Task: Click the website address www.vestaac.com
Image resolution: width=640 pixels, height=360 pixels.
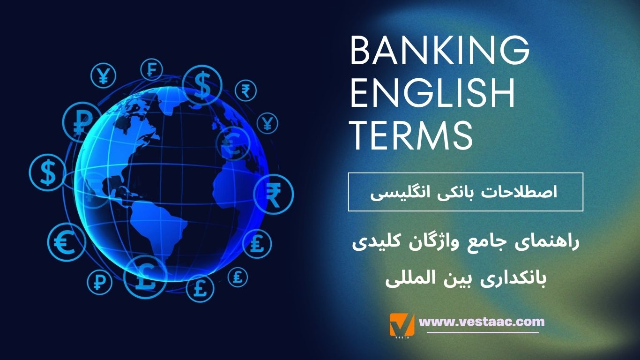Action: tap(482, 322)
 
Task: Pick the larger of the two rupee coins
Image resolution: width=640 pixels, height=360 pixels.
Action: tap(273, 194)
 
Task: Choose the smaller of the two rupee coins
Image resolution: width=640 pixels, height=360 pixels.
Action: tap(246, 90)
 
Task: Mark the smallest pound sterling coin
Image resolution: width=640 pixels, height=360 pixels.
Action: tap(238, 277)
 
